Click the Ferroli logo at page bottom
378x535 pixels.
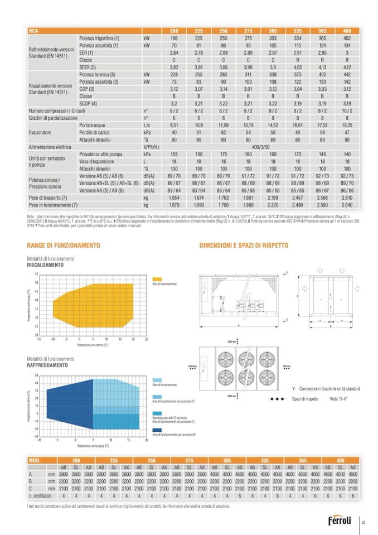click(340, 521)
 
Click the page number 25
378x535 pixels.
click(364, 522)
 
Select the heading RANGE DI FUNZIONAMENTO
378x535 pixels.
click(56, 245)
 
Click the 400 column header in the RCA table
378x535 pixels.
click(347, 30)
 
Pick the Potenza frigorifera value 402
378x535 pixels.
click(347, 37)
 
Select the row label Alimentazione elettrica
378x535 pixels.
click(55, 146)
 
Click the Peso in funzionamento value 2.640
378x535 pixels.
click(347, 205)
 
